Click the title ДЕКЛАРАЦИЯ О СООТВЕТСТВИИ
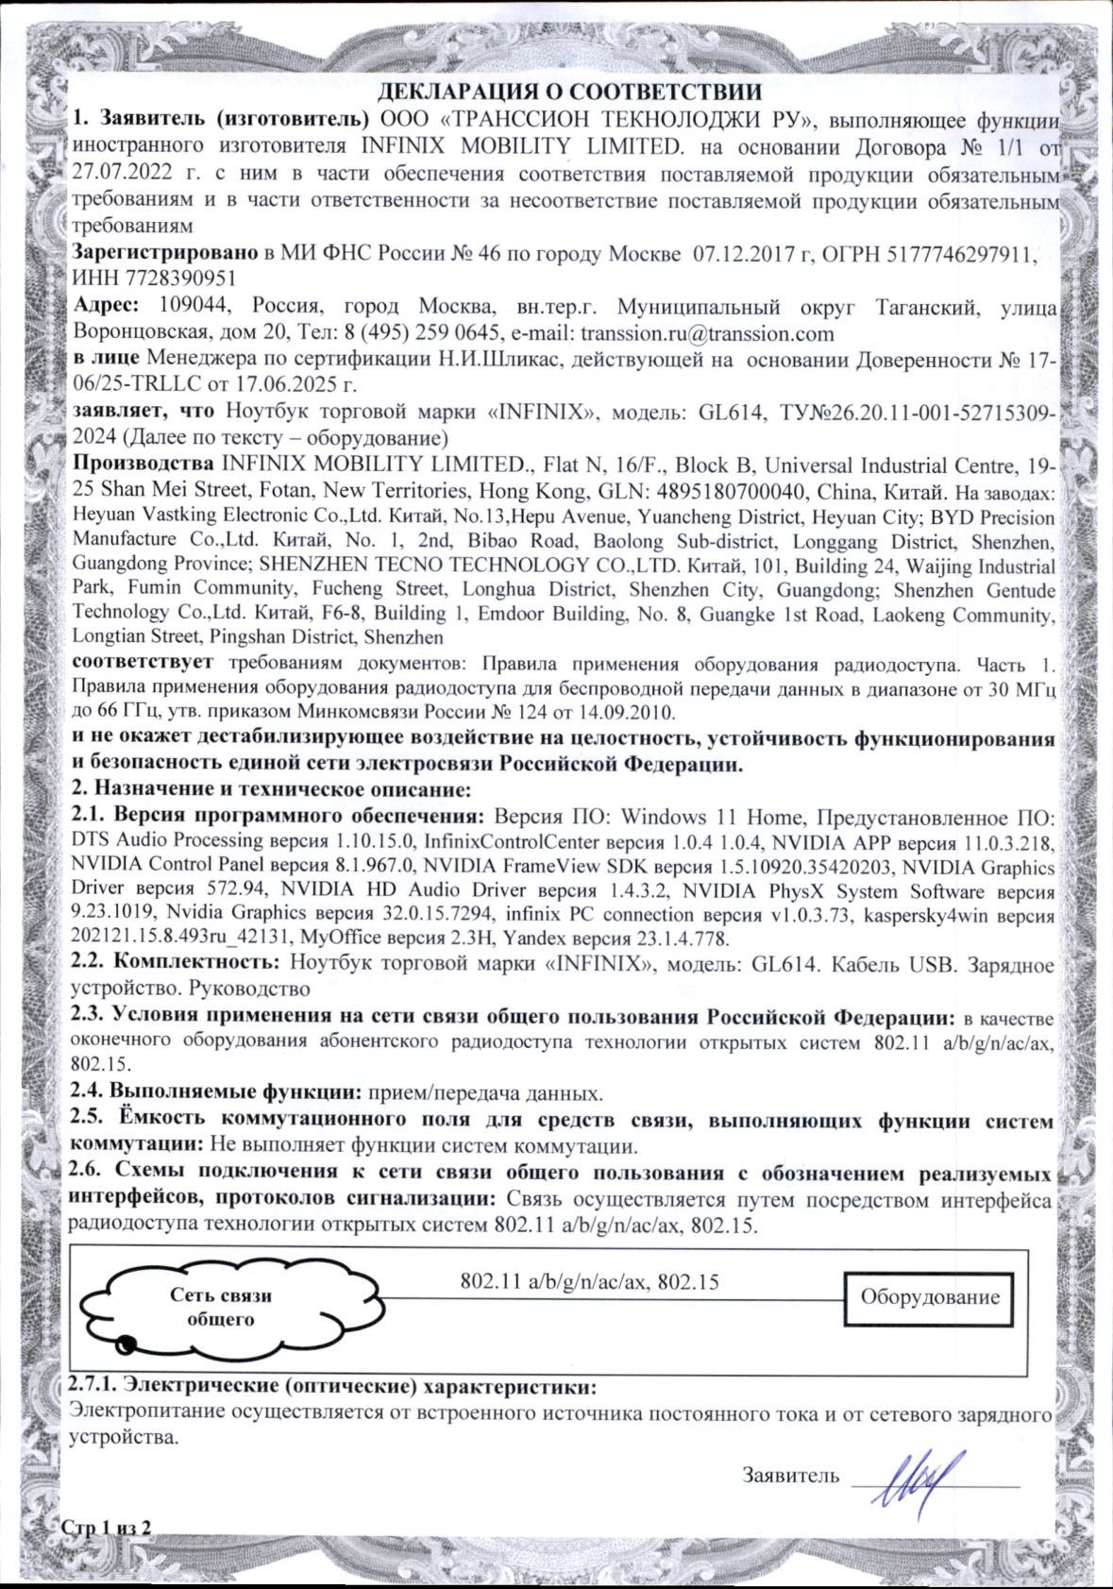(569, 93)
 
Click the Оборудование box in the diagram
(929, 1296)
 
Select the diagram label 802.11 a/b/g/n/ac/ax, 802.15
(589, 1281)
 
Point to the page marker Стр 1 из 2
(106, 1528)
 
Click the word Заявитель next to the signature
(790, 1475)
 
